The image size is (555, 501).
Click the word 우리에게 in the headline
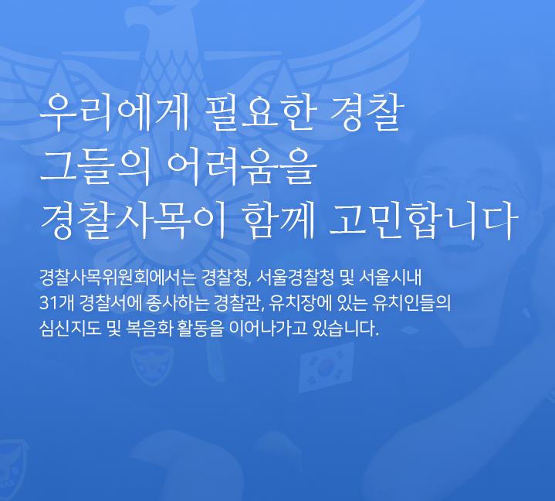[x=114, y=112]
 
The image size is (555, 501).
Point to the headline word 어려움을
[x=241, y=167]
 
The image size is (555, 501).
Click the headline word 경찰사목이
[x=133, y=220]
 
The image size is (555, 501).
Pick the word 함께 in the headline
[x=279, y=220]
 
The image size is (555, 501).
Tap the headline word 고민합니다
[x=424, y=220]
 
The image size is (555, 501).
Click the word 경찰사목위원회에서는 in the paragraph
[x=117, y=278]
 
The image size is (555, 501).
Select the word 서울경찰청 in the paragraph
[x=295, y=278]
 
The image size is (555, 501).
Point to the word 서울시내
[x=390, y=278]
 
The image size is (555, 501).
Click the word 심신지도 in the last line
[x=70, y=329]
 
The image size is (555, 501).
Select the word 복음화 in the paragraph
[x=149, y=329]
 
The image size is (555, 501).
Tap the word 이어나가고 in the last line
[x=268, y=329]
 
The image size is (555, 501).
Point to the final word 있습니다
[x=346, y=329]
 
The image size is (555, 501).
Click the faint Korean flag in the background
[x=326, y=367]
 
